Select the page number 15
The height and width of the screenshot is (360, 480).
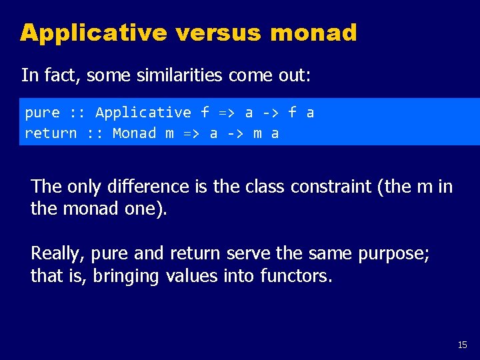[463, 345]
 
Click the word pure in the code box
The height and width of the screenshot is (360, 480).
[42, 113]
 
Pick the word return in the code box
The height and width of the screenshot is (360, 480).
[51, 133]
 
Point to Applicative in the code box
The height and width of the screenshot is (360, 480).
[143, 113]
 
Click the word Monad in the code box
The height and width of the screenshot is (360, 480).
[135, 133]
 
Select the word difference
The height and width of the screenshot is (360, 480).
[154, 187]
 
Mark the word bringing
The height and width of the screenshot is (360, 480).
[126, 275]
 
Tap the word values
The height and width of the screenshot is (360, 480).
[191, 275]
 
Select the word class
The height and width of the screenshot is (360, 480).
[264, 187]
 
